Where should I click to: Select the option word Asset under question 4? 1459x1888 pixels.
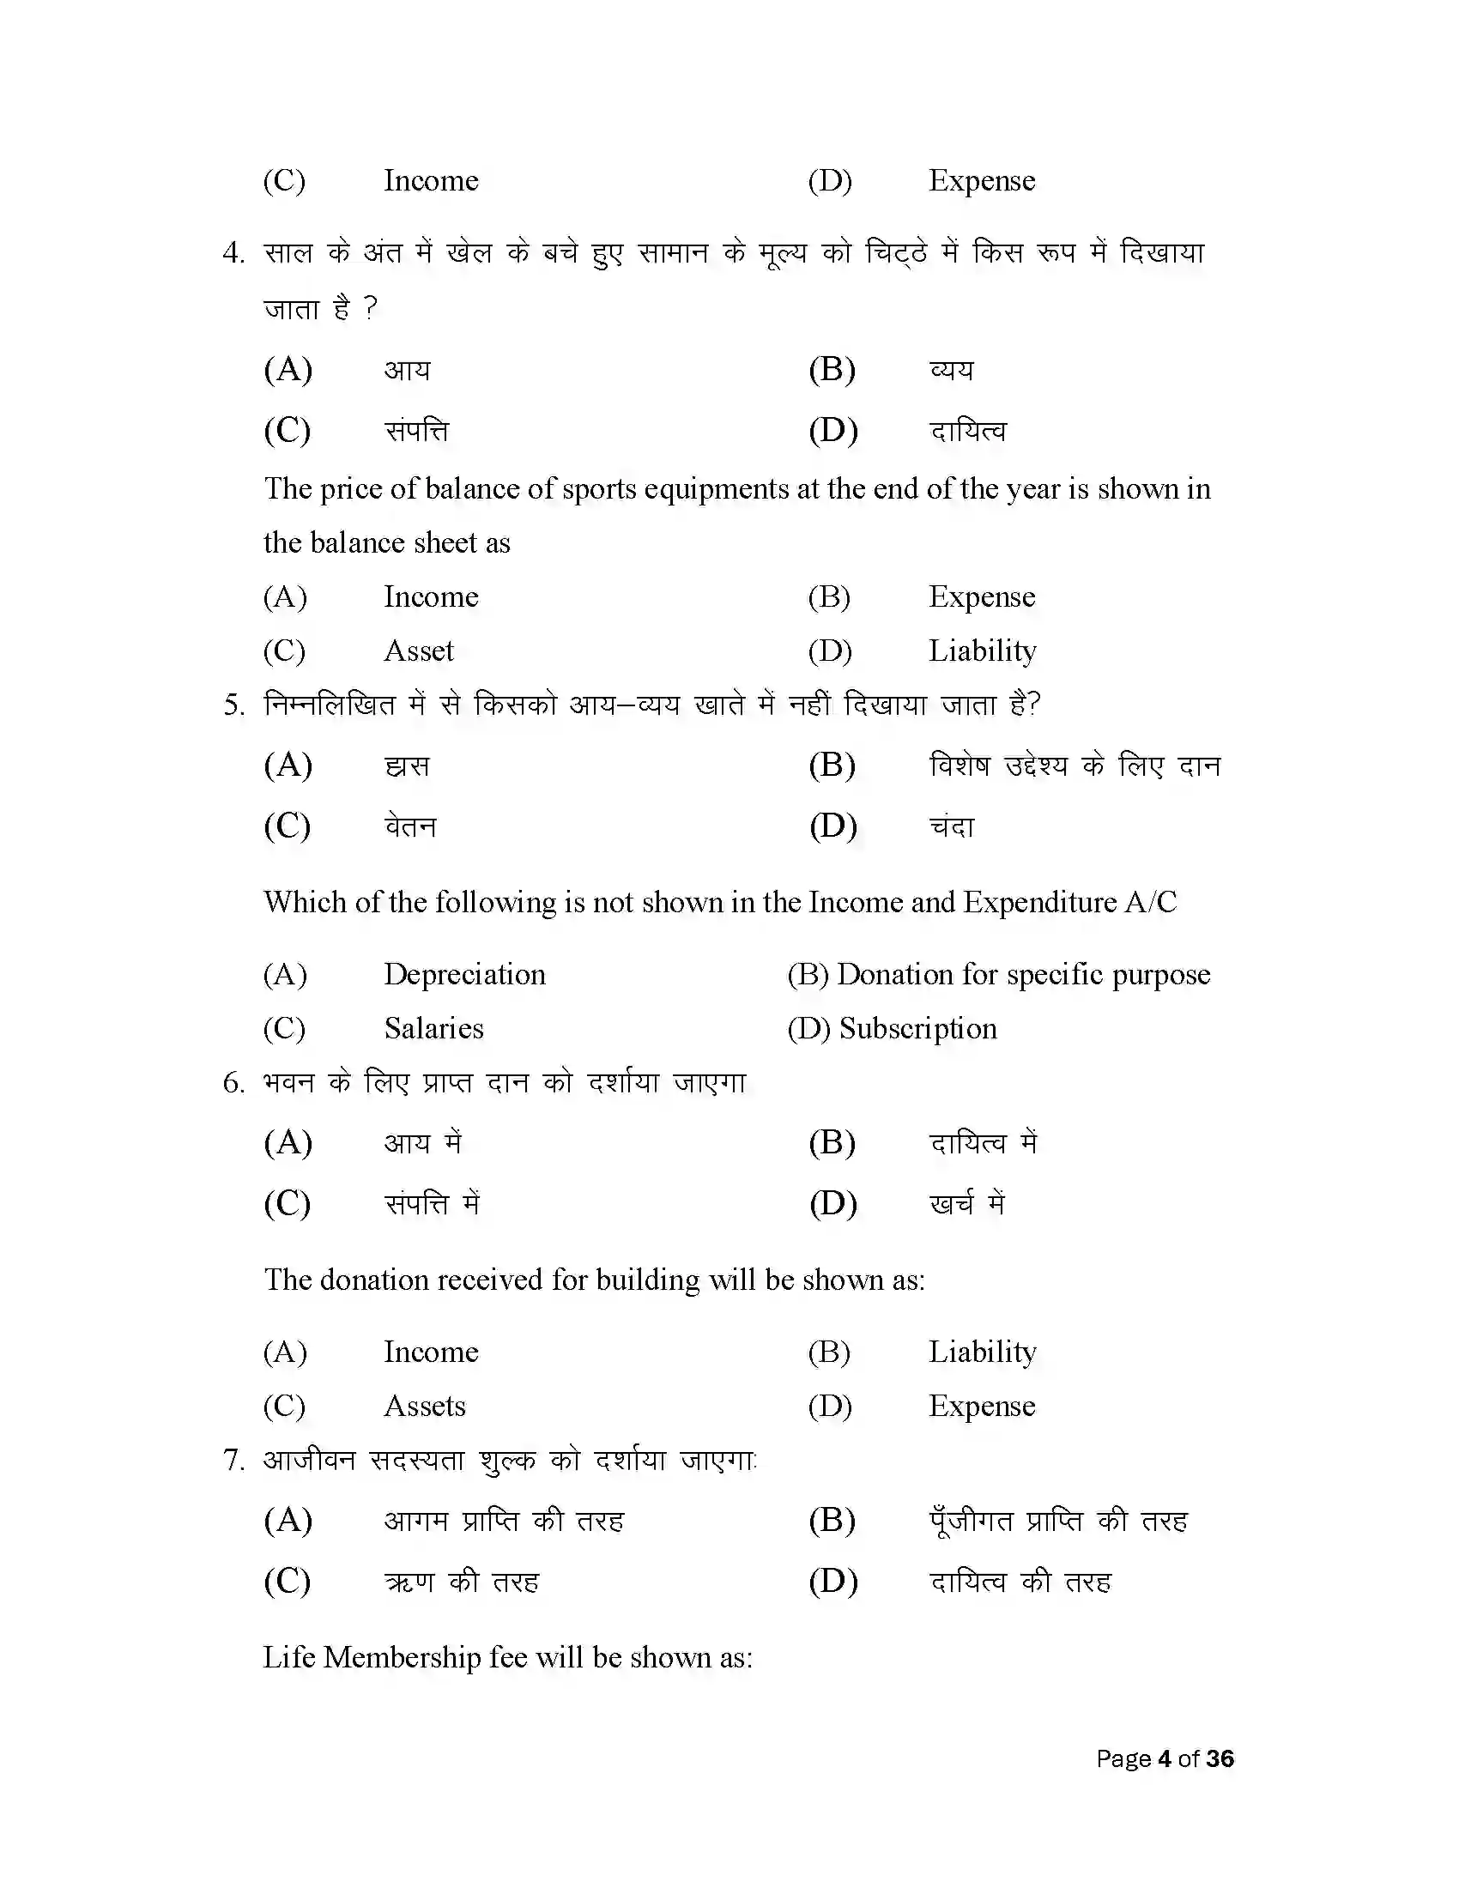pyautogui.click(x=418, y=651)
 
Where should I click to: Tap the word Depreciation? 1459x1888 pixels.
pyautogui.click(x=464, y=975)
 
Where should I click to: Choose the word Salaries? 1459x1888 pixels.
pyautogui.click(x=433, y=1029)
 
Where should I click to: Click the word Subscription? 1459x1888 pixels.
pyautogui.click(x=918, y=1029)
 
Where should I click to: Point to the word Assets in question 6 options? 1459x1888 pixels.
pyautogui.click(x=424, y=1407)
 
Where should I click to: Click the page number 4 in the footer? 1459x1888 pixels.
pyautogui.click(x=1165, y=1759)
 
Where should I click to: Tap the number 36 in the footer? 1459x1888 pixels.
pyautogui.click(x=1220, y=1759)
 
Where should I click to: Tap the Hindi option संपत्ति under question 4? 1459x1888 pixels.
pyautogui.click(x=416, y=431)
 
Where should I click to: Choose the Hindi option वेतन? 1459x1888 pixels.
pyautogui.click(x=410, y=826)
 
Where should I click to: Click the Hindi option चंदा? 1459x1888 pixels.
pyautogui.click(x=952, y=826)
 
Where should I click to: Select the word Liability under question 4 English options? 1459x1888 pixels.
pyautogui.click(x=982, y=651)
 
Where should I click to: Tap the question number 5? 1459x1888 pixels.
pyautogui.click(x=233, y=705)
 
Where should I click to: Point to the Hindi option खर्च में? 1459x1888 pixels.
pyautogui.click(x=967, y=1204)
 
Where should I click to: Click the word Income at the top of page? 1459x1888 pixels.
pyautogui.click(x=431, y=181)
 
